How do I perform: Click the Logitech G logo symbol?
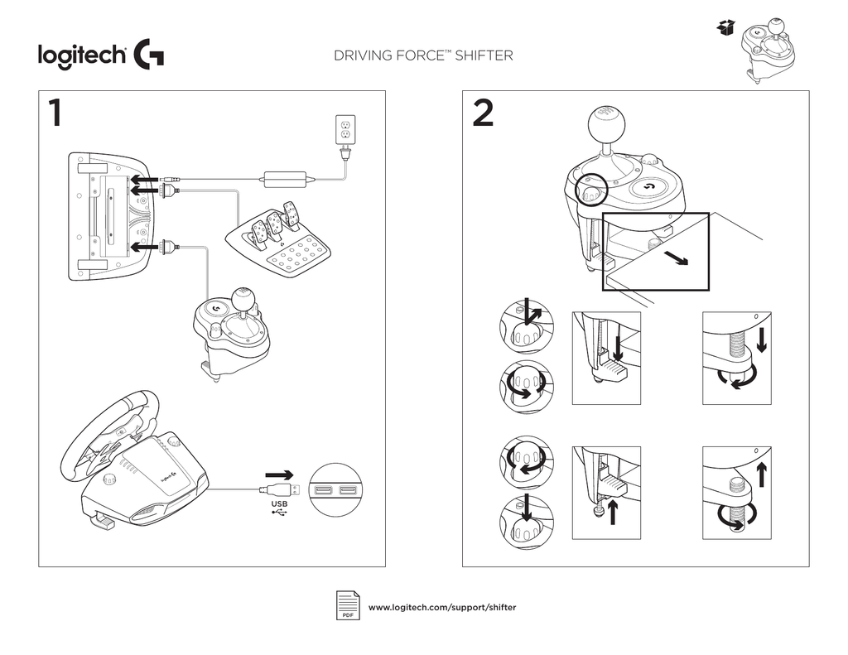[147, 56]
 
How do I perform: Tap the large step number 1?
[54, 114]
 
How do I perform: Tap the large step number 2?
[483, 114]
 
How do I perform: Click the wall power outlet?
[344, 129]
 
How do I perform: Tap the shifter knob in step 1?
[243, 297]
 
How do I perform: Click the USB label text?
[280, 503]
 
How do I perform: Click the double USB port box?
[335, 492]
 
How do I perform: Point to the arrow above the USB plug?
[280, 475]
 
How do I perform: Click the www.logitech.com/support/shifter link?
[441, 608]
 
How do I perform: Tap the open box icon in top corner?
[725, 29]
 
